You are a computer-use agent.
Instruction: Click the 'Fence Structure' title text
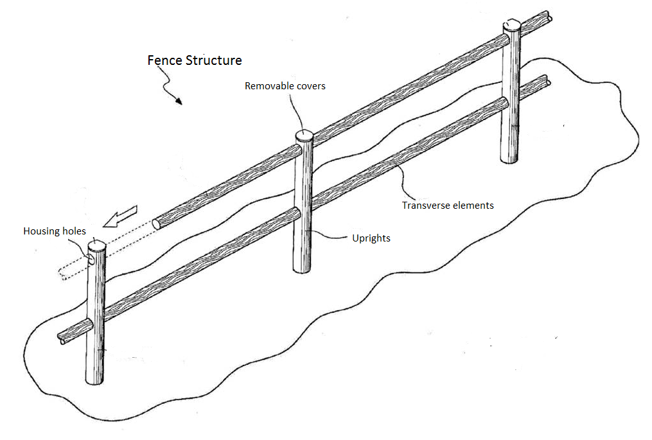point(195,60)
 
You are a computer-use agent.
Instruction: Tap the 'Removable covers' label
point(285,85)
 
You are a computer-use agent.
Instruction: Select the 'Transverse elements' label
point(448,206)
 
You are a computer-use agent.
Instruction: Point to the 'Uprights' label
point(371,238)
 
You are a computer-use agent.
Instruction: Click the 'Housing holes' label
point(55,231)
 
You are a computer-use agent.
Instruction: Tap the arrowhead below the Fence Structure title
point(178,101)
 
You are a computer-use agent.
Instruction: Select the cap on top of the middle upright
point(304,135)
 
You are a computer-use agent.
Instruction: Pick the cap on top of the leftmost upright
point(96,245)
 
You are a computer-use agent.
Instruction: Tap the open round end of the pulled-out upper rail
point(156,225)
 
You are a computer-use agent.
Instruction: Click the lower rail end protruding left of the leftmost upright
point(64,336)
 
